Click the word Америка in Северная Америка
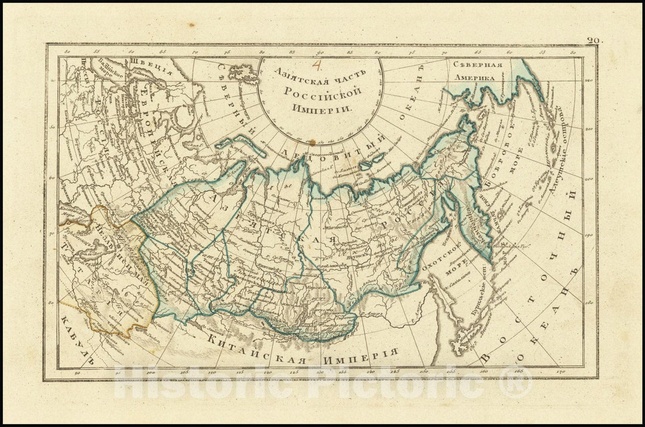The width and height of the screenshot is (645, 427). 474,78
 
